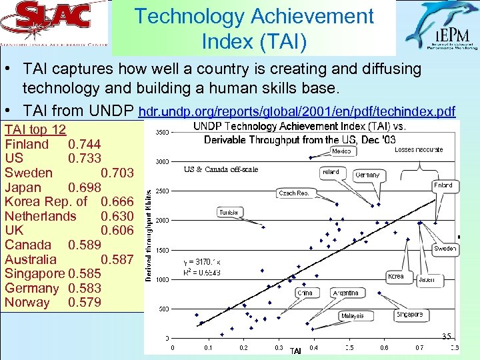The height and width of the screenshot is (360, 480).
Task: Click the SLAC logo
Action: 53,27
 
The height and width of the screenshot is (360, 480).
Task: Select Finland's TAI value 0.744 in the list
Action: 84,144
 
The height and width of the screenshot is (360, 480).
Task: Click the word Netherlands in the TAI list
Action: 41,216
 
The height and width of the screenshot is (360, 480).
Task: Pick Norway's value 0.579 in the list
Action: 84,303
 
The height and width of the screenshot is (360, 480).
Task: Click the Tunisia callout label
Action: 228,212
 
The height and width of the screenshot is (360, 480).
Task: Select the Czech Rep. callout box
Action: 294,193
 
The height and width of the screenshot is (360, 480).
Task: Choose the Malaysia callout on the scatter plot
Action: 352,315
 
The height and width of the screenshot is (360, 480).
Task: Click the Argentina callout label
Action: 345,293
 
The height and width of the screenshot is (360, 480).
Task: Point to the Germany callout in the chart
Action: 367,175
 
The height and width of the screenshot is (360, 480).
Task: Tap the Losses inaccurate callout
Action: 418,149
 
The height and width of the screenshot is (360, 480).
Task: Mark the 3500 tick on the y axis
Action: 161,133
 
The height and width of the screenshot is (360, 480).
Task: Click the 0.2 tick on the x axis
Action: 243,347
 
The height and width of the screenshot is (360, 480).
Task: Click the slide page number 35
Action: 446,336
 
